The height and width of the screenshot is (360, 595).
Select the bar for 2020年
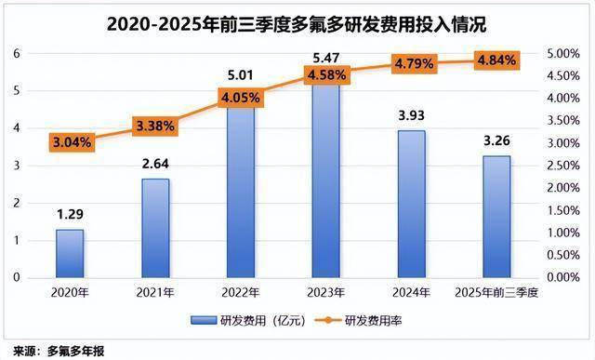pyautogui.click(x=70, y=253)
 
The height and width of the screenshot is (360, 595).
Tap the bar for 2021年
pyautogui.click(x=155, y=228)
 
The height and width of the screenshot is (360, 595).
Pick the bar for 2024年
pyautogui.click(x=411, y=204)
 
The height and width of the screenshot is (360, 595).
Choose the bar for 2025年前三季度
pyautogui.click(x=496, y=217)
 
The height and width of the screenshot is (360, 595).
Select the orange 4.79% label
pyautogui.click(x=411, y=65)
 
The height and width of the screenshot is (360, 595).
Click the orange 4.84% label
pyautogui.click(x=496, y=61)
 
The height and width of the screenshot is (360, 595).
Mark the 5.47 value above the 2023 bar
pyautogui.click(x=325, y=57)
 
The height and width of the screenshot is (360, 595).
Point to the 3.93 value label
pyautogui.click(x=411, y=116)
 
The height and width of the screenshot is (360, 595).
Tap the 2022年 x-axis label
pyautogui.click(x=241, y=292)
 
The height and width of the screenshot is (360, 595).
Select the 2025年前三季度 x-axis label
pyautogui.click(x=496, y=292)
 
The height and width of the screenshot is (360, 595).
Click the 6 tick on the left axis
pyautogui.click(x=16, y=53)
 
